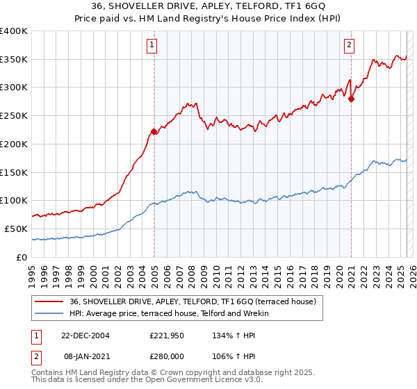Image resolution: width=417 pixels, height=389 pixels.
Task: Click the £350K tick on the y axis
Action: tap(14, 60)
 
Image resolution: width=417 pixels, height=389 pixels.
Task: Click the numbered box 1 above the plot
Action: tap(152, 46)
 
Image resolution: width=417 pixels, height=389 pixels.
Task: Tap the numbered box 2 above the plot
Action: tap(349, 46)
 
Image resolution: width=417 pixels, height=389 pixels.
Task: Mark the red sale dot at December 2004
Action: tap(154, 131)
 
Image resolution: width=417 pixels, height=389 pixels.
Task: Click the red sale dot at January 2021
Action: tap(351, 99)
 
